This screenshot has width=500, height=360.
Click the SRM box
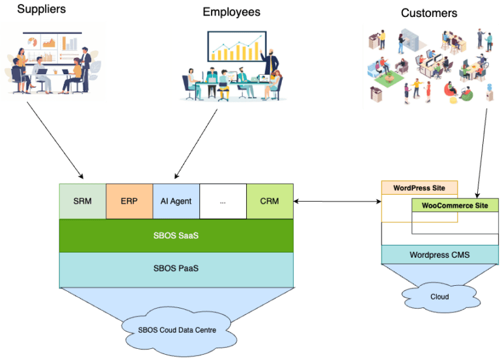82,201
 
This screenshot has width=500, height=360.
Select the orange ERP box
129,201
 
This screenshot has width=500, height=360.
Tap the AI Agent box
176,201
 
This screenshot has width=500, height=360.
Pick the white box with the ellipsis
223,201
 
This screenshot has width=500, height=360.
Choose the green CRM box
270,201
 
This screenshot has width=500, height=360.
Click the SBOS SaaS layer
176,236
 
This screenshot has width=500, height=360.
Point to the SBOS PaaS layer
176,269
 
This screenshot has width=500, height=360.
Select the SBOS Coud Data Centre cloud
177,329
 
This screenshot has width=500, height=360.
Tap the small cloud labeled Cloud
439,296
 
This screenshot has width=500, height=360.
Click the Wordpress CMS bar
439,255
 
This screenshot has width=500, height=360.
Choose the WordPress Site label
419,188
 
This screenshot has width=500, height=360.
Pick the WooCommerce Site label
455,206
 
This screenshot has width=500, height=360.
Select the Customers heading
428,13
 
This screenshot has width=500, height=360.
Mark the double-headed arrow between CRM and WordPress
337,202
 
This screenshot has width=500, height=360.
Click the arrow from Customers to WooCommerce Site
482,153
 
